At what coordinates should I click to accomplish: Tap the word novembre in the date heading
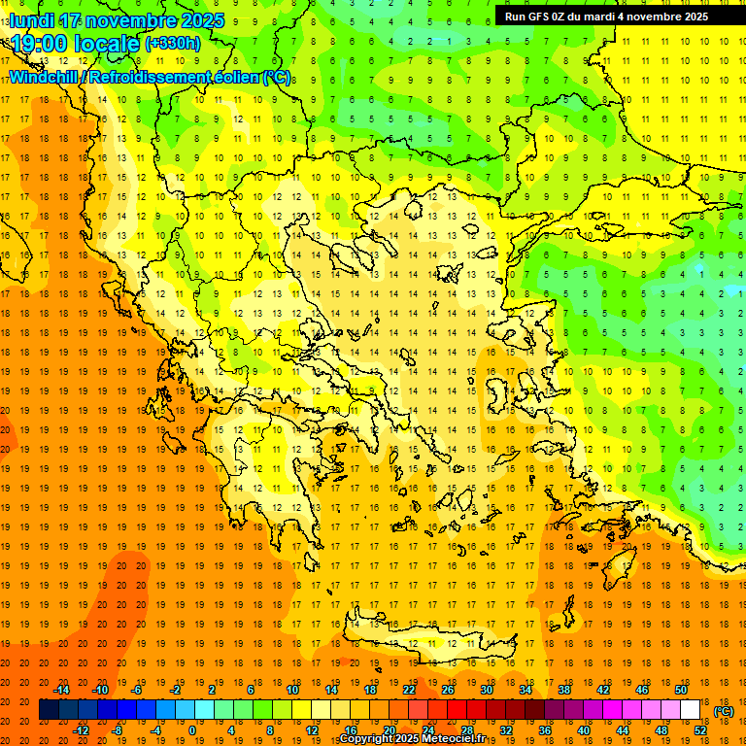129,20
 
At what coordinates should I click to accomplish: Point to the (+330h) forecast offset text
173,44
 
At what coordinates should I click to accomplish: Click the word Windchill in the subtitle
44,77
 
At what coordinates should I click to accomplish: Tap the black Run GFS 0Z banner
606,17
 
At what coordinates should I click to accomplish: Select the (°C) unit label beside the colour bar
723,711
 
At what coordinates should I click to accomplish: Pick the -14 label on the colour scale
61,690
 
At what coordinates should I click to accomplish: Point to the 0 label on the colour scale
191,730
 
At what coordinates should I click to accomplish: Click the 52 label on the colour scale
699,730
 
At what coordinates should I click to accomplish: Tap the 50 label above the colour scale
681,690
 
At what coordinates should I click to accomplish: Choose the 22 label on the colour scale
409,690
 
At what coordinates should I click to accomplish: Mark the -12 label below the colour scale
82,730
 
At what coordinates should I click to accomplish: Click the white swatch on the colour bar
690,710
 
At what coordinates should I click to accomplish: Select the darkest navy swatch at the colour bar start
49,710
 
